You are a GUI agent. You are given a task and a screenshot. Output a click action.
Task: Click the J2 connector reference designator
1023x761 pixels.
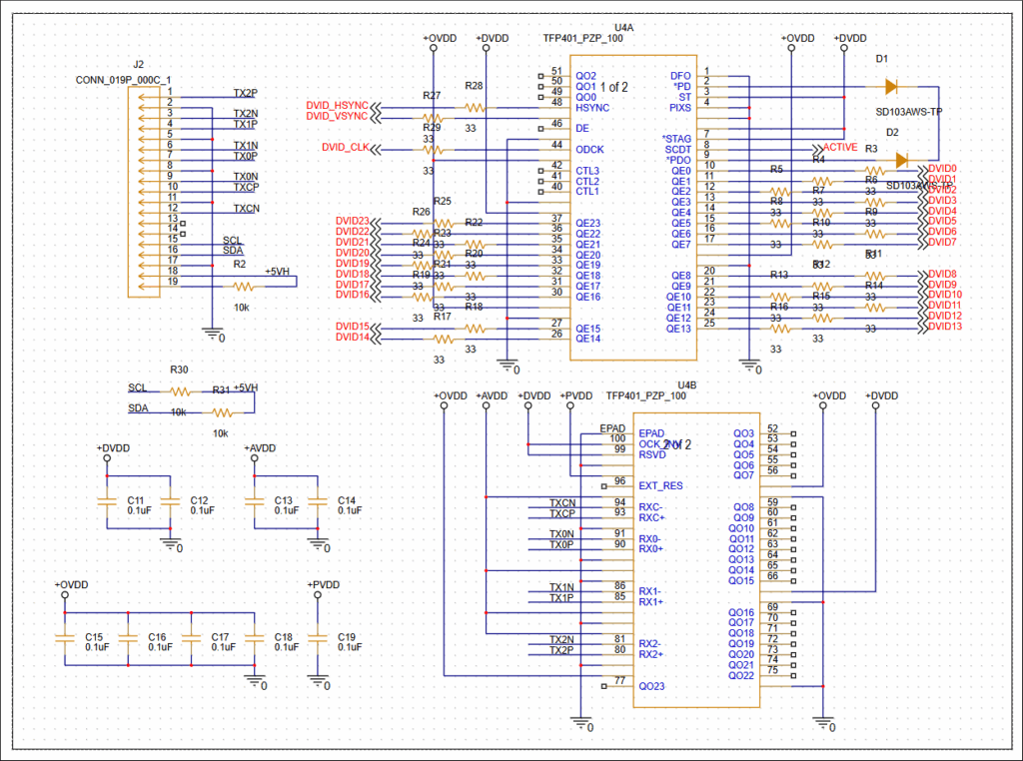coord(138,64)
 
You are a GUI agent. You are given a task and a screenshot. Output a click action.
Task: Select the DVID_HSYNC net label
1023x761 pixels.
coord(337,106)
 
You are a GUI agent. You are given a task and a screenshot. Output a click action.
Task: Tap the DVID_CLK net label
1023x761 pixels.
coord(344,148)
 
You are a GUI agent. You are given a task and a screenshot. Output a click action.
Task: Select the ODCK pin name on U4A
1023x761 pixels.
coord(589,149)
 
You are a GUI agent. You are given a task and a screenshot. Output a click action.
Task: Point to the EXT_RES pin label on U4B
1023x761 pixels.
coord(660,485)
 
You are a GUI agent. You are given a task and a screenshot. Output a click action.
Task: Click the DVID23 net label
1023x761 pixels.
coord(352,221)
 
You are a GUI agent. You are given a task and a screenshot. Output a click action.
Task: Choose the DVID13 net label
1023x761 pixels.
coord(944,327)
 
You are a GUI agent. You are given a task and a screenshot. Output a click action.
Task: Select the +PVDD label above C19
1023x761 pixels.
coord(324,585)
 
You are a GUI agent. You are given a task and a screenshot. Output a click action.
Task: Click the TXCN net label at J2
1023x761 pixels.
coord(246,209)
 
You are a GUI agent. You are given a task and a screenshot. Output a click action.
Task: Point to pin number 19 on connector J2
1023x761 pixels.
coord(173,282)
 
